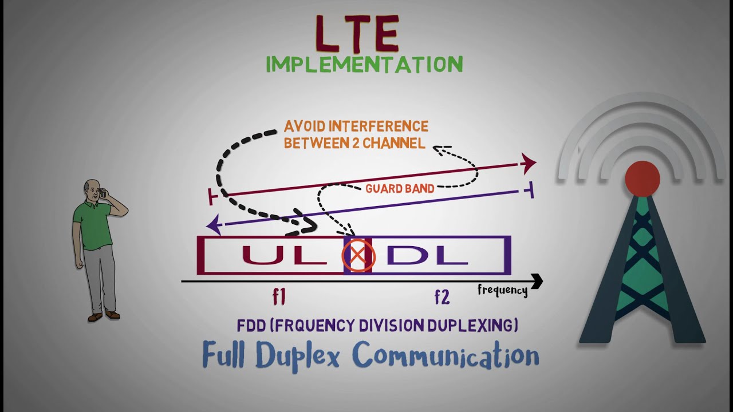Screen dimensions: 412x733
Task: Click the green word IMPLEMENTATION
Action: pos(364,65)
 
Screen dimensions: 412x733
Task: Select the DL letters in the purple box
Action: pos(427,255)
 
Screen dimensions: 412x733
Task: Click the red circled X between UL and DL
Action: pos(358,256)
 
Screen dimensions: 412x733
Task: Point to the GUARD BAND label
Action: pos(399,188)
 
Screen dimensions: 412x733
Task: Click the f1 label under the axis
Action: pos(279,297)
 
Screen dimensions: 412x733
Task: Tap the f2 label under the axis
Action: pos(442,297)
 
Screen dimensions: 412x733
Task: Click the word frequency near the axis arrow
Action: pos(502,291)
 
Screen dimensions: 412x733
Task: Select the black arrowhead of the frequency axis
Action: pos(537,281)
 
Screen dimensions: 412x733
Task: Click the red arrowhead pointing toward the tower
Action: pos(529,163)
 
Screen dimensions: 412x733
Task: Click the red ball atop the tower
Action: pos(642,179)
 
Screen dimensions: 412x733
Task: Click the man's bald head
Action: pos(90,187)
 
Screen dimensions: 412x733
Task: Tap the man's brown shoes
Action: pos(104,315)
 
